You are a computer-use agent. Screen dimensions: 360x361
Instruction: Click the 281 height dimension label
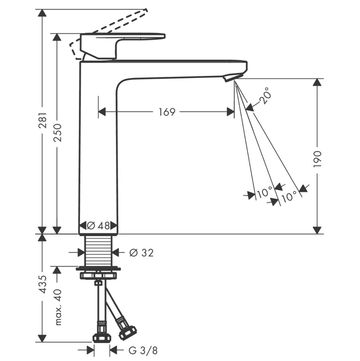click(x=43, y=120)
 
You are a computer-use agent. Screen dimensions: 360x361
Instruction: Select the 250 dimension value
click(x=57, y=133)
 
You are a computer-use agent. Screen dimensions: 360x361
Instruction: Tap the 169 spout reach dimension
click(x=167, y=112)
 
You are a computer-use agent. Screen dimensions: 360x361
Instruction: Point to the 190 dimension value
click(x=317, y=159)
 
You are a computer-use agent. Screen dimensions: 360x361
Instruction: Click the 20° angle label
click(x=264, y=95)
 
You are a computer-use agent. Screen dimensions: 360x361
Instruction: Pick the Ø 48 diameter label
click(x=99, y=226)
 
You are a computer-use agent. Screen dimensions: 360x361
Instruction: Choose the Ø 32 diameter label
click(x=141, y=252)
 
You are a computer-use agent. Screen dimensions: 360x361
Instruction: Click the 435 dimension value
click(x=43, y=284)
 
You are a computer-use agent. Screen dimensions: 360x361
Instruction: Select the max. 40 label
click(x=58, y=307)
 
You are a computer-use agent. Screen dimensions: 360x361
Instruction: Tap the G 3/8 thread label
click(x=143, y=351)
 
